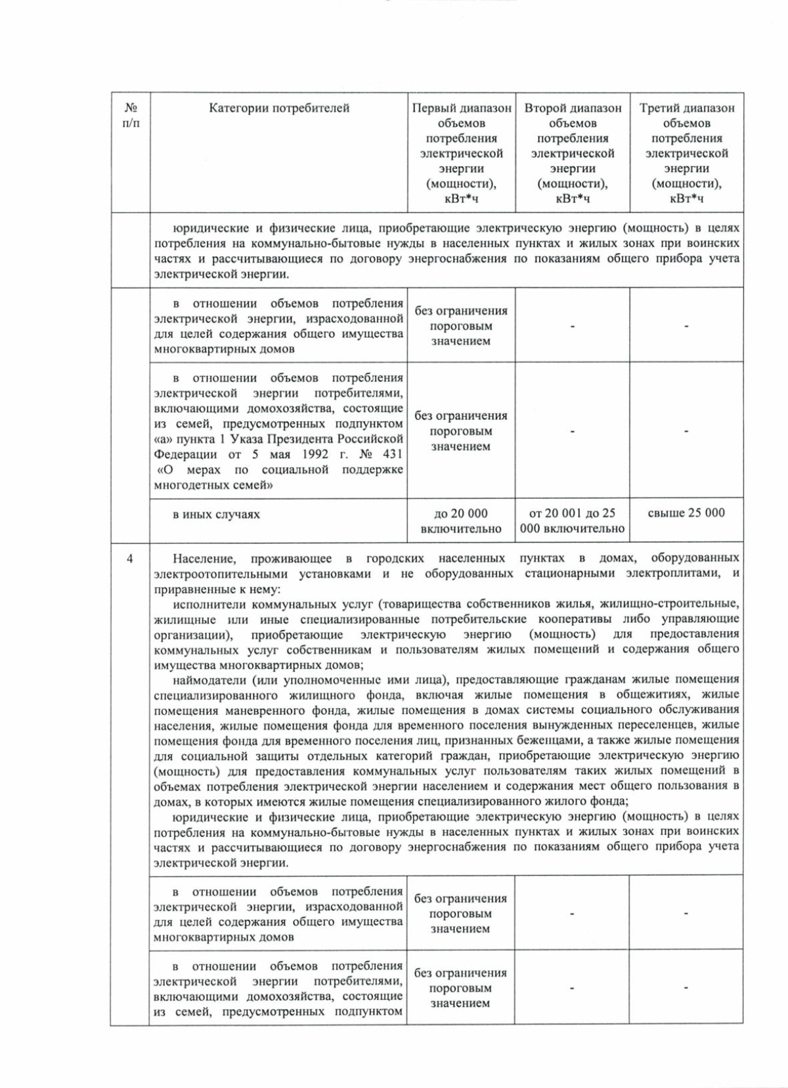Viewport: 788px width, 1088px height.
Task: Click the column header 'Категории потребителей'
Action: coord(278,108)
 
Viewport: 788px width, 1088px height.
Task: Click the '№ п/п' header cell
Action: coord(131,116)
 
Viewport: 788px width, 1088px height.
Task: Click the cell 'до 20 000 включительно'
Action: coord(460,520)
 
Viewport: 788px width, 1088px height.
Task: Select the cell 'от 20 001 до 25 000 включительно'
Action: coord(572,520)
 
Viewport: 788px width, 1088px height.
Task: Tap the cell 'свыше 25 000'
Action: coord(686,513)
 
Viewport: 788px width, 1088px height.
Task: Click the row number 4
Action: coord(129,558)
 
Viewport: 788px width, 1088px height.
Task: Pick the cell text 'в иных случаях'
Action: coord(216,514)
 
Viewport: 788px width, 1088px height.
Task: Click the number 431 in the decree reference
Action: coord(392,454)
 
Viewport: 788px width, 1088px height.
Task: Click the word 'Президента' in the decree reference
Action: coord(299,439)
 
